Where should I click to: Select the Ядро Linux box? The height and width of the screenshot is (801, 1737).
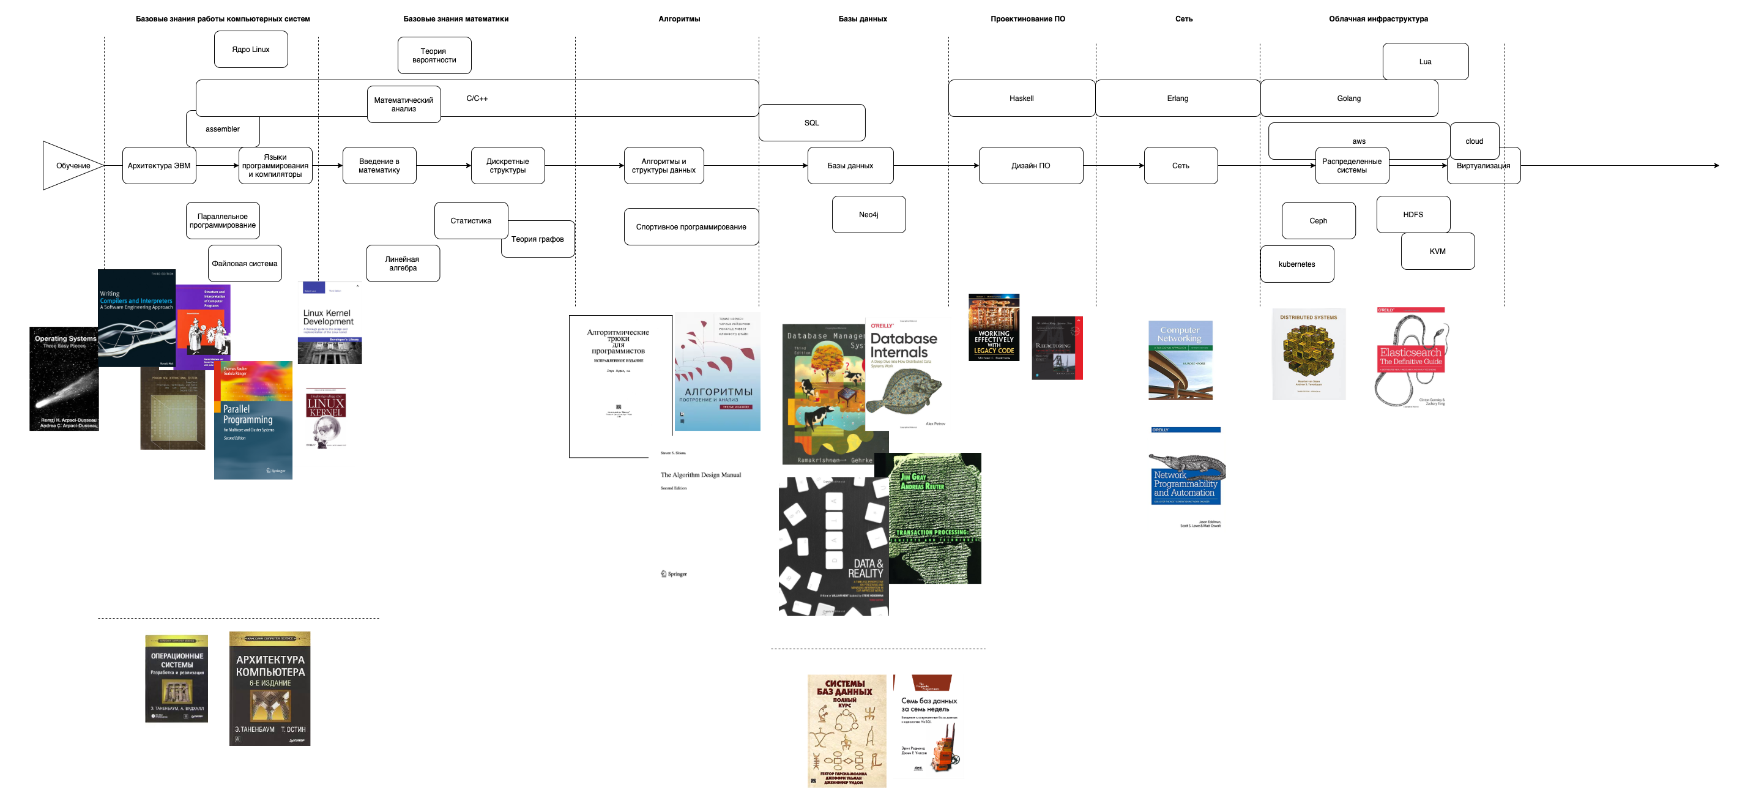tap(251, 49)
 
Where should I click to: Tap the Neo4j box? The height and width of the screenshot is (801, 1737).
tap(869, 214)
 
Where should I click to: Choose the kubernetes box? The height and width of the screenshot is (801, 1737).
tap(1296, 264)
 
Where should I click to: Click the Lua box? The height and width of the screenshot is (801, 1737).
tap(1425, 61)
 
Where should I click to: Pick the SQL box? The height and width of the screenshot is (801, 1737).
tap(812, 123)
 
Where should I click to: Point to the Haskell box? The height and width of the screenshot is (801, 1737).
tap(1021, 99)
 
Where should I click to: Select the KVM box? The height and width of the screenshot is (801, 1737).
tap(1437, 251)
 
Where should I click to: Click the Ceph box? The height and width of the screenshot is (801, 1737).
tap(1319, 220)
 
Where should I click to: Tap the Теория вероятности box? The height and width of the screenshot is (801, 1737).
tap(434, 55)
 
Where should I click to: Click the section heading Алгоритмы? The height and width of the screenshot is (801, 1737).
tap(679, 19)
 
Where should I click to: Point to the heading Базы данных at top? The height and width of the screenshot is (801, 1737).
tap(863, 19)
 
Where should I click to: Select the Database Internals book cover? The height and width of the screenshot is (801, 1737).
tap(907, 375)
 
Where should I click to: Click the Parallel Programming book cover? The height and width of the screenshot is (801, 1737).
tap(253, 420)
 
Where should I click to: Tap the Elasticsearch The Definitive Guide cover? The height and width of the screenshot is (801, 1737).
tap(1411, 357)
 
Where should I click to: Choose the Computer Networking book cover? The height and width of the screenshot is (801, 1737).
tap(1180, 360)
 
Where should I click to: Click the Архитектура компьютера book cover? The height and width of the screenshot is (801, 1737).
tap(270, 688)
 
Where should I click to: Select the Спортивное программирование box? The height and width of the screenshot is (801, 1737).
tap(691, 226)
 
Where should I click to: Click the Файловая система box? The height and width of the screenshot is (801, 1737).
tap(245, 264)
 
